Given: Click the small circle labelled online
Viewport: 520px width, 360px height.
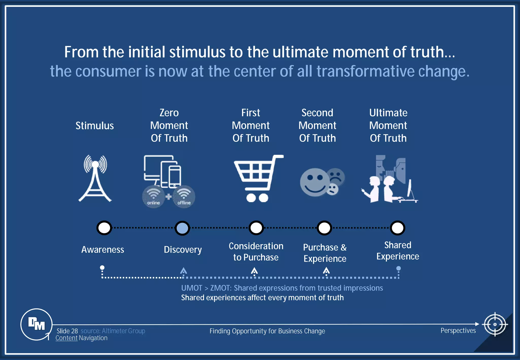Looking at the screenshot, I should click(x=153, y=197).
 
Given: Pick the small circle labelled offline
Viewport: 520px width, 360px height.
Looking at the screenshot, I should click(x=184, y=197).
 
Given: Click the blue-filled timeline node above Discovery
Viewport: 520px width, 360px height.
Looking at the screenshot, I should click(x=182, y=228).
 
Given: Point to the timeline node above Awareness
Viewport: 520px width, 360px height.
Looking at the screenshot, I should click(x=104, y=228).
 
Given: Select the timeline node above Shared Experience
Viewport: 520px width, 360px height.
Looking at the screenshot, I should click(x=398, y=228).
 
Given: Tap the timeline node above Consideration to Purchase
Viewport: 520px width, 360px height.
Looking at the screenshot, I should click(x=256, y=228).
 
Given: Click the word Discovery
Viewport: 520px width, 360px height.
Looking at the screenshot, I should click(x=183, y=250).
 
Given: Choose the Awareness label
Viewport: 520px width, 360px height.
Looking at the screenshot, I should click(x=103, y=250).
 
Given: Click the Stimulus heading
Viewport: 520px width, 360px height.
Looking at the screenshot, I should click(x=95, y=126).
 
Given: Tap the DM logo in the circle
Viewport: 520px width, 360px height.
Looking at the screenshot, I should click(x=37, y=324).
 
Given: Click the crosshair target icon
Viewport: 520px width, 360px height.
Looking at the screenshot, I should click(x=495, y=324).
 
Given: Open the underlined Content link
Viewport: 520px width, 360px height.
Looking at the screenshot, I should click(x=67, y=338).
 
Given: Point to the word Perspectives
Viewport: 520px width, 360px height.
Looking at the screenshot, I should click(x=458, y=331).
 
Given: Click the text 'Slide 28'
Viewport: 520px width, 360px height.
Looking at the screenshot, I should click(x=67, y=331).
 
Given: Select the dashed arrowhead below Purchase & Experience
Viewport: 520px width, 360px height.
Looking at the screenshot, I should click(x=326, y=271).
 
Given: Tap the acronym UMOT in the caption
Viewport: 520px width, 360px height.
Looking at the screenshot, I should click(x=192, y=288).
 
